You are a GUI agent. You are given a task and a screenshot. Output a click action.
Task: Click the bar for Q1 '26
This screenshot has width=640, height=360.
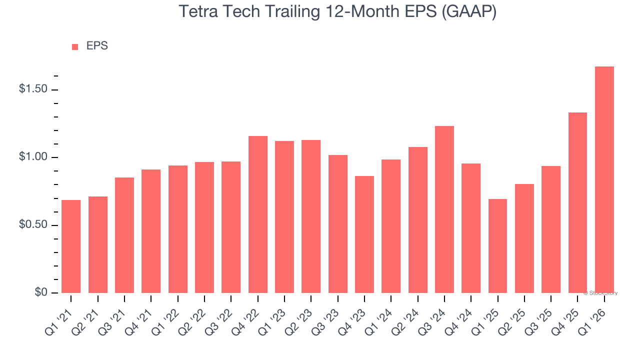[604, 180]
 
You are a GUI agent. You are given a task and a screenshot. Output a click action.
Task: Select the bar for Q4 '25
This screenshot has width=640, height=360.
[577, 202]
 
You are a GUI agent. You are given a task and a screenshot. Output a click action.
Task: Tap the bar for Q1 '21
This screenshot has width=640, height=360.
[71, 246]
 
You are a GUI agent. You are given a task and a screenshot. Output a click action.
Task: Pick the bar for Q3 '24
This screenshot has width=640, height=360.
[444, 209]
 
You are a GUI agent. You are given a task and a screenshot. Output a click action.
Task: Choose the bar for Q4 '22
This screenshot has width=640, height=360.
[257, 214]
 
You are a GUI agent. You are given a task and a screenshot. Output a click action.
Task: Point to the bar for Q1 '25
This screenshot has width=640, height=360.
[497, 246]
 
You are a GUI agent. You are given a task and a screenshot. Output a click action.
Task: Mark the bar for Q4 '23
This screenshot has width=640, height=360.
[364, 234]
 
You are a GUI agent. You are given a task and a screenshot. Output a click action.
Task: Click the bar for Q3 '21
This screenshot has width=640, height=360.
[124, 235]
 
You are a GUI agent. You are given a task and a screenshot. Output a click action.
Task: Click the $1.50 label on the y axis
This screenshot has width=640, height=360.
[33, 89]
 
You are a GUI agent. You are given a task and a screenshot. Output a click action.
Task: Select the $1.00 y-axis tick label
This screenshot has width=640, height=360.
[33, 157]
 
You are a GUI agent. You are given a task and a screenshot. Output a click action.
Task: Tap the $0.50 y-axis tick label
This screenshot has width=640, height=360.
[33, 225]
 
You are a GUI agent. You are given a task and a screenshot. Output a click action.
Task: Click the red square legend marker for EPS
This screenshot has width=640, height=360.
[75, 46]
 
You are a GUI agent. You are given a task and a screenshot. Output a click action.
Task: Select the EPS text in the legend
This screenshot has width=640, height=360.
[97, 46]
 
